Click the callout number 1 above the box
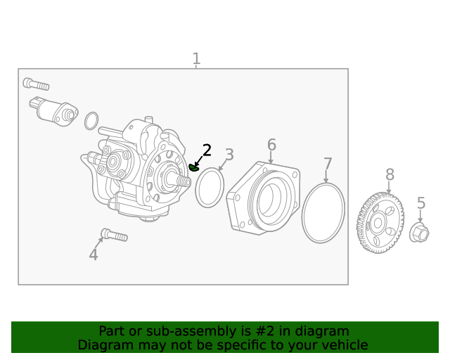point(196,59)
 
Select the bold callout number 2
point(207,150)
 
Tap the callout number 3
point(229,155)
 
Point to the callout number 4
point(94,255)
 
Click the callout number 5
point(421,203)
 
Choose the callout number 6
point(271,145)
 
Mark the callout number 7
point(328,165)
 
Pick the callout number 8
point(390,174)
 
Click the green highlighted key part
point(195,167)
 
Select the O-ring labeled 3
point(209,188)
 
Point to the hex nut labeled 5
point(419,233)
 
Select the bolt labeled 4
point(114,235)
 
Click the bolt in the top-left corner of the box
point(36,84)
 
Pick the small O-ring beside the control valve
point(91,121)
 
